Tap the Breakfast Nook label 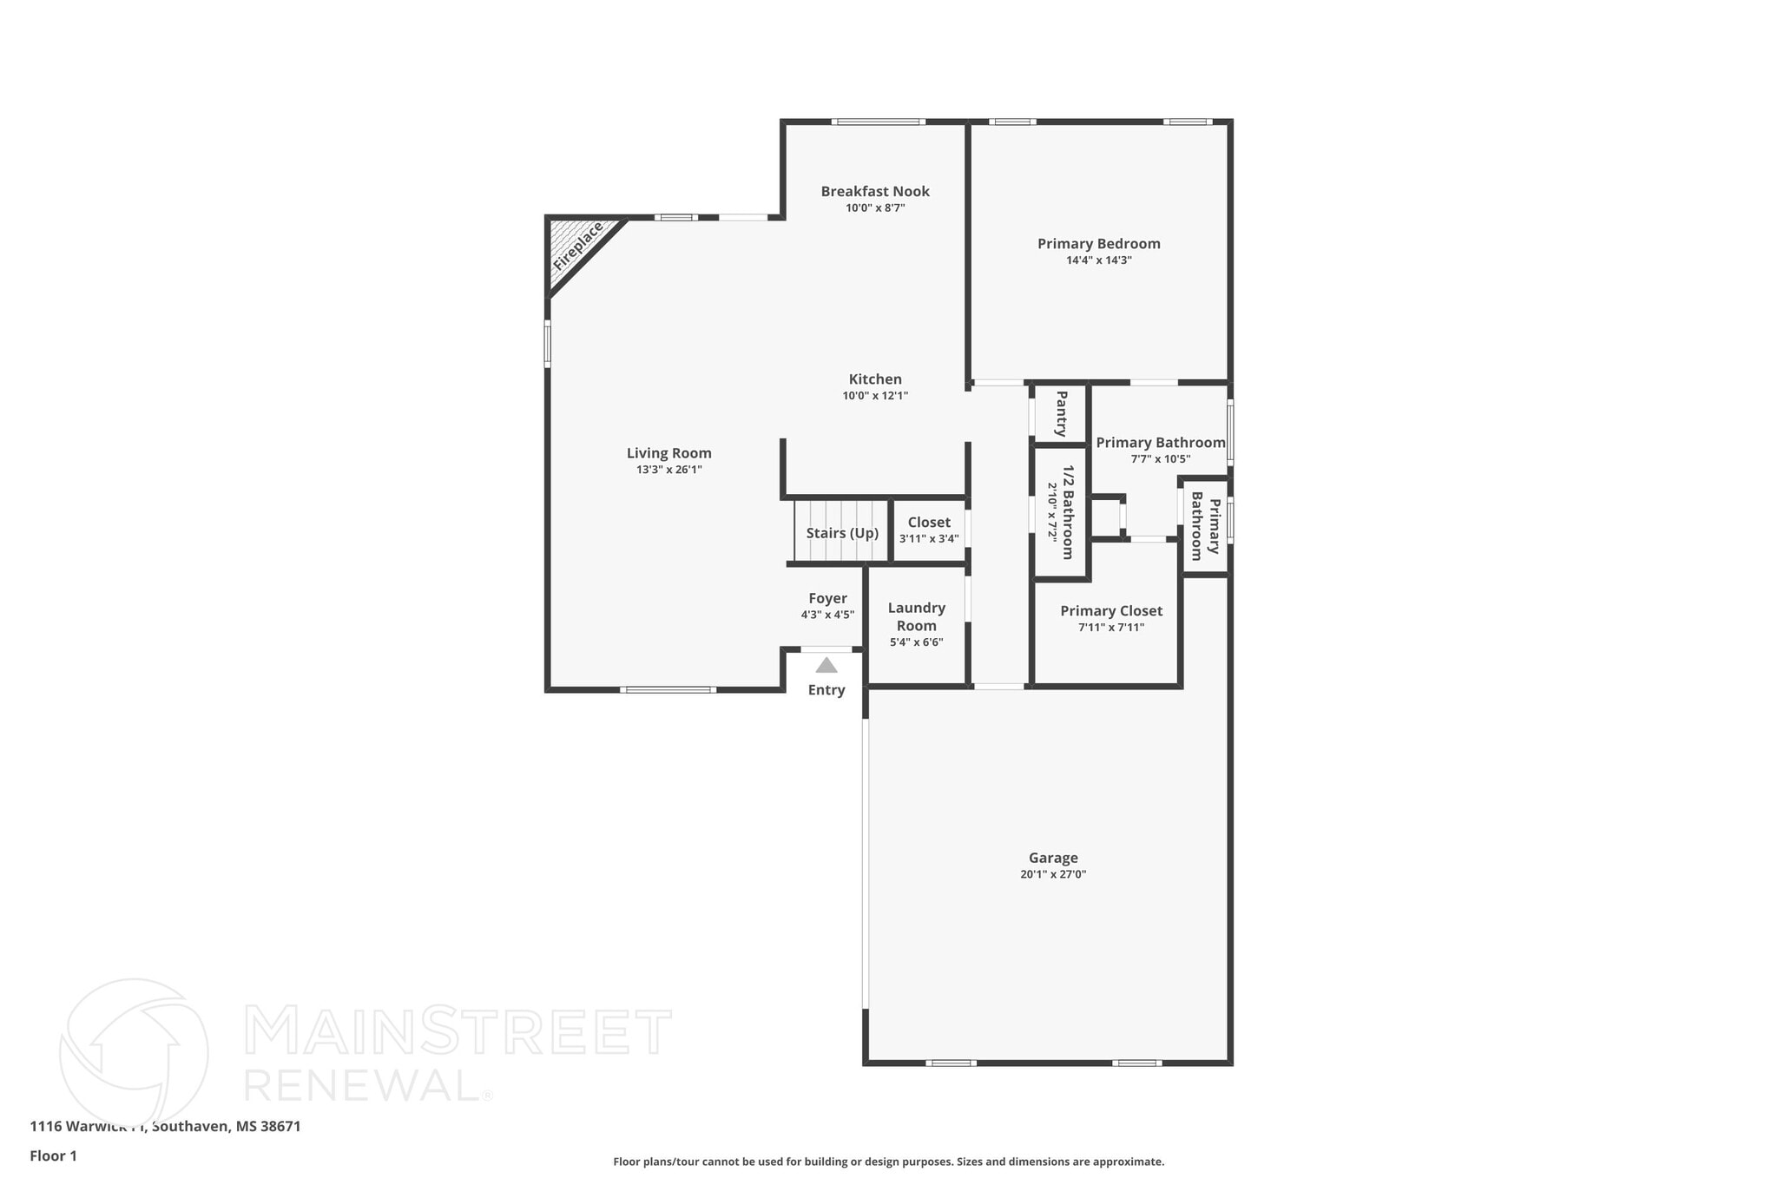click(875, 191)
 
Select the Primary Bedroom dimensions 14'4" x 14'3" click(1099, 260)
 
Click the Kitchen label click(875, 379)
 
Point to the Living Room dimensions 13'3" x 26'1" click(668, 470)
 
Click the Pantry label click(1061, 414)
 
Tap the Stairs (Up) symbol click(841, 532)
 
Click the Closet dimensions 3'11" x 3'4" click(929, 539)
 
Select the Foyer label click(827, 598)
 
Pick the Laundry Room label click(917, 616)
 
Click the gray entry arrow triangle click(826, 666)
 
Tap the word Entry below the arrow click(826, 690)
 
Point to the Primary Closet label click(1111, 611)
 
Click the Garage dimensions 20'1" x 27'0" click(1053, 875)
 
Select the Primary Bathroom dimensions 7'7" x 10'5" click(1160, 459)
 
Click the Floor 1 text click(54, 1155)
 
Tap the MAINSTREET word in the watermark click(458, 1031)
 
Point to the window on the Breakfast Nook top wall click(878, 122)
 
